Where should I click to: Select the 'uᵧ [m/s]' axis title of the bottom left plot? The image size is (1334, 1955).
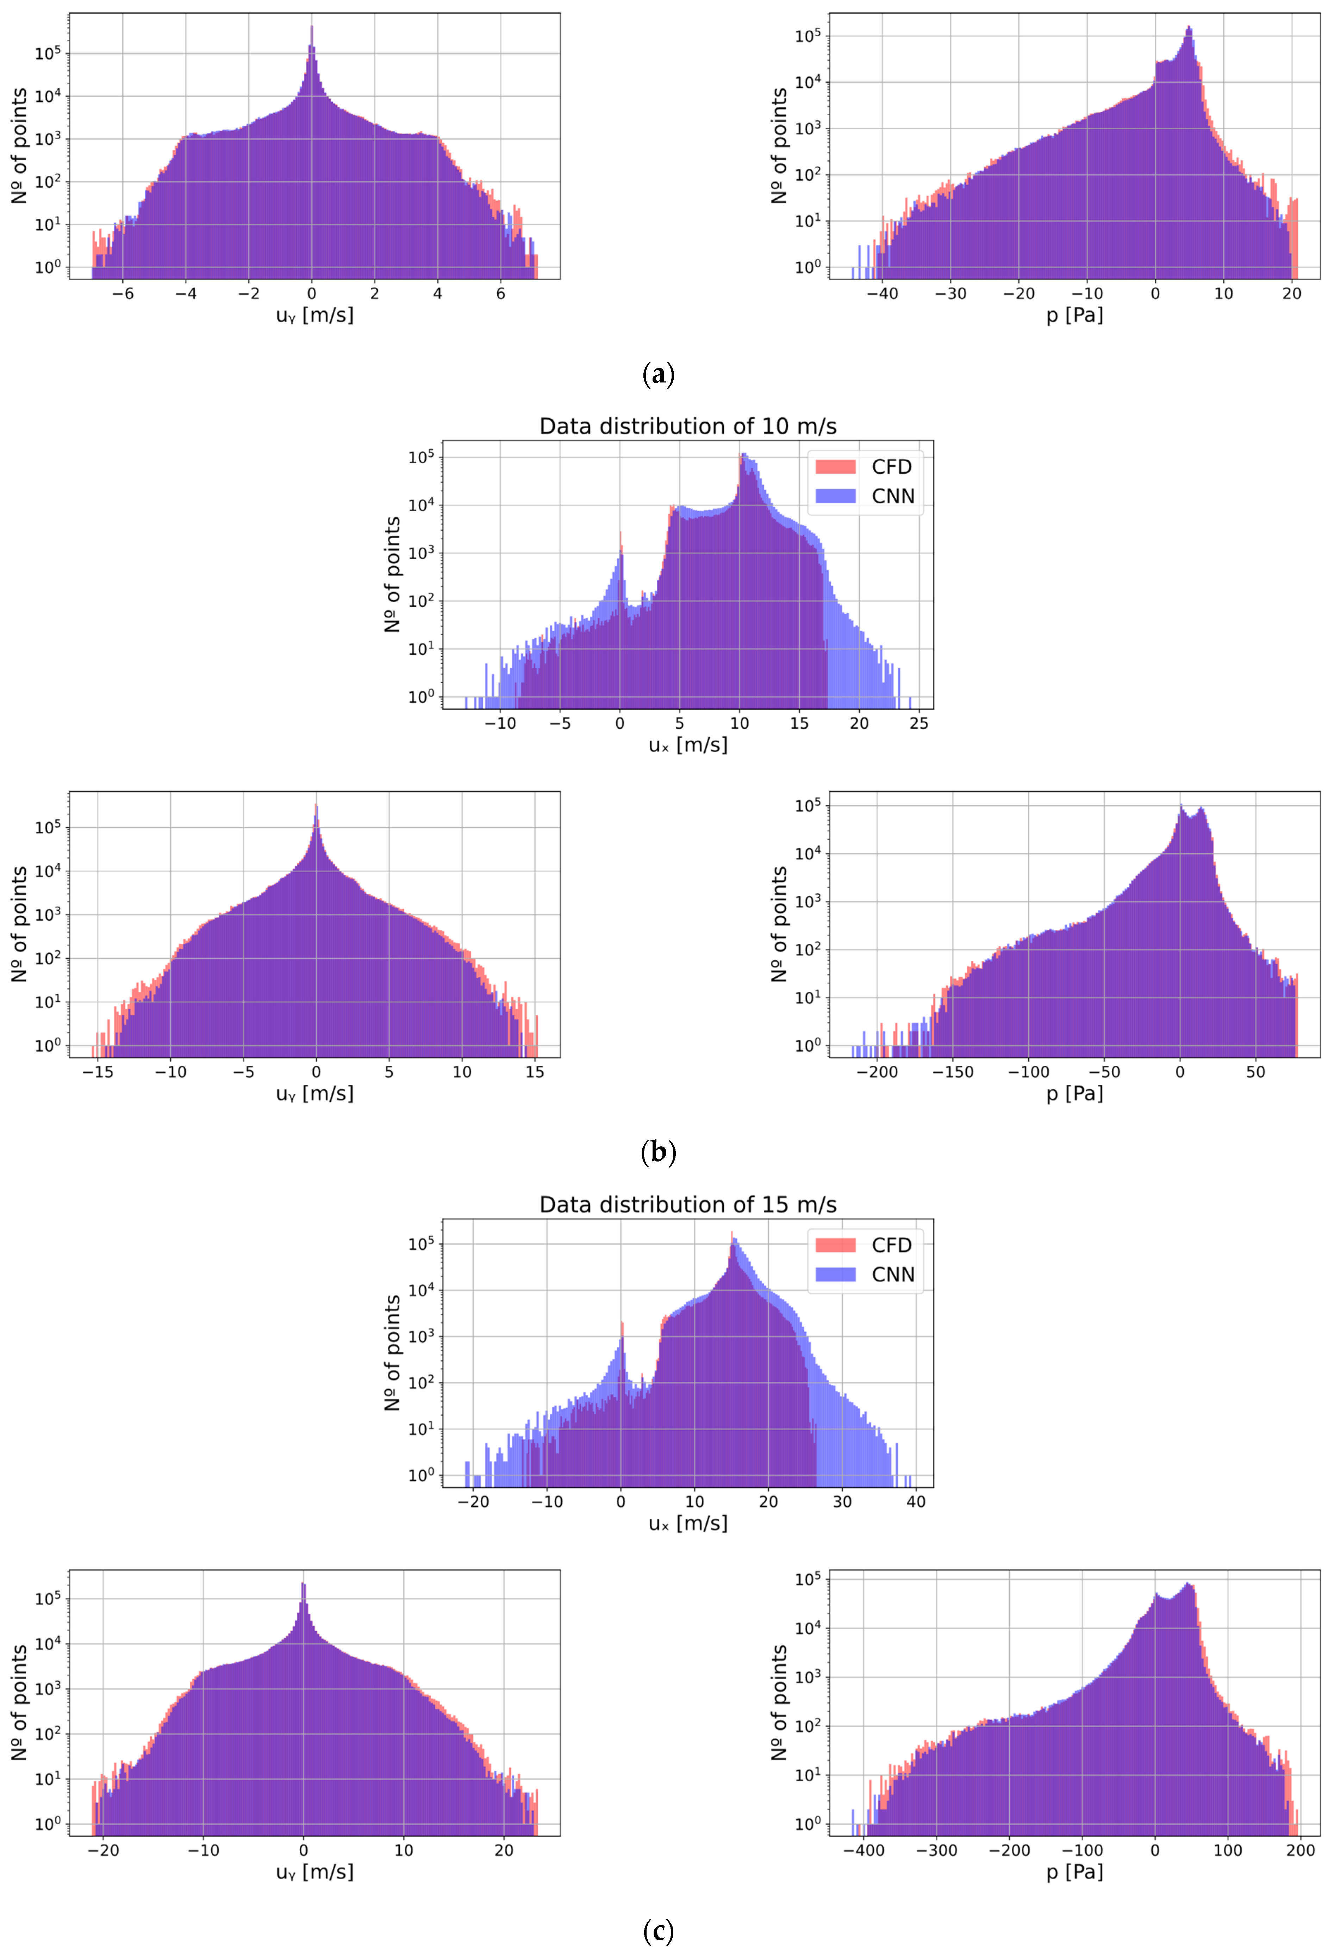314,1872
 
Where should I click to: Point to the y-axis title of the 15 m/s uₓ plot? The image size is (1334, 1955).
392,1352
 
